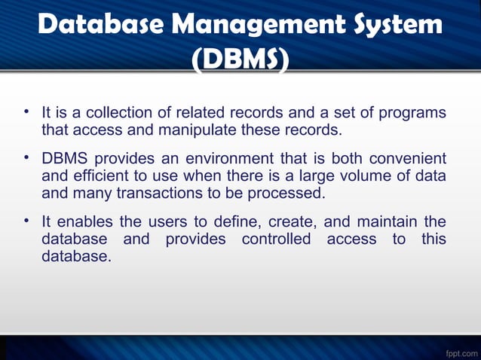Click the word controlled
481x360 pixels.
click(x=276, y=239)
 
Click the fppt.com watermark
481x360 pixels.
click(x=459, y=351)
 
